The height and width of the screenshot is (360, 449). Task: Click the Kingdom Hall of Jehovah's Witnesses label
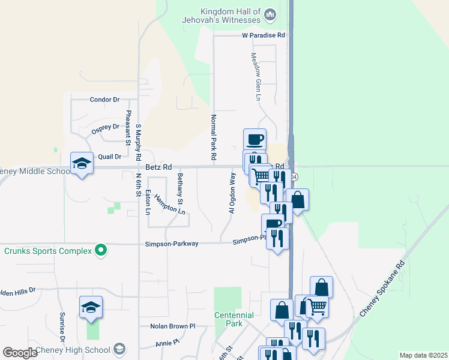click(x=231, y=16)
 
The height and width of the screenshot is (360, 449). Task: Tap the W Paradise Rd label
click(x=262, y=35)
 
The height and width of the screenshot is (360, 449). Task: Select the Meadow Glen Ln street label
click(x=255, y=75)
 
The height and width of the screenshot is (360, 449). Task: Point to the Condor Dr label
click(x=104, y=100)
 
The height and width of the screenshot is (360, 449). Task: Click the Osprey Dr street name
click(x=105, y=128)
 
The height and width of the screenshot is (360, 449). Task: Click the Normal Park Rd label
click(x=213, y=137)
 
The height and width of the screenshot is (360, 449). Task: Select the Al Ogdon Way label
click(x=232, y=193)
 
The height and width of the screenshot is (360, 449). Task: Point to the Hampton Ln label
click(x=169, y=203)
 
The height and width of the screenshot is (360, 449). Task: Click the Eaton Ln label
click(x=148, y=202)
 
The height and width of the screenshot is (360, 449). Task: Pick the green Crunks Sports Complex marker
click(x=101, y=250)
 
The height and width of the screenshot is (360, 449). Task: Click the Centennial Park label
click(x=235, y=319)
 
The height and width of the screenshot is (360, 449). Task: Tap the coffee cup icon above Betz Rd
click(x=255, y=139)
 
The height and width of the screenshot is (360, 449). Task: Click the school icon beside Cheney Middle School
click(x=82, y=163)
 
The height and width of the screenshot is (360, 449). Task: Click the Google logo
click(x=20, y=353)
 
